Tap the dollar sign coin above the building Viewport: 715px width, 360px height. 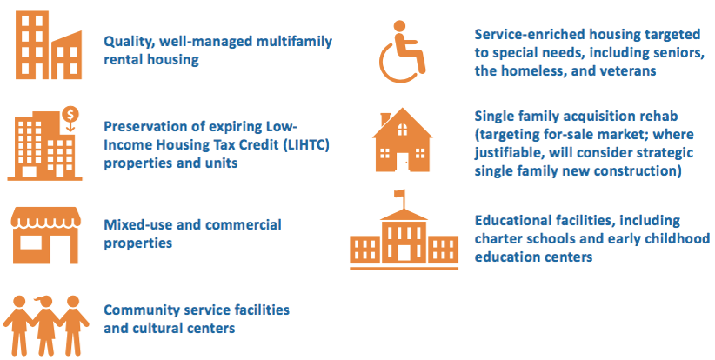70,113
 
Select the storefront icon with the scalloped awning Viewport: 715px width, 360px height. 45,235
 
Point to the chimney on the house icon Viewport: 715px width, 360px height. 385,118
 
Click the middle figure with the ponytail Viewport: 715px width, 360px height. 46,325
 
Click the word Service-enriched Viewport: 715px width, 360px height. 530,34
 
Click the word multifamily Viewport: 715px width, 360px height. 294,42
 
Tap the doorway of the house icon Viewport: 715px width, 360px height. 402,162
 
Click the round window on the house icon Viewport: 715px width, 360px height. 402,130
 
